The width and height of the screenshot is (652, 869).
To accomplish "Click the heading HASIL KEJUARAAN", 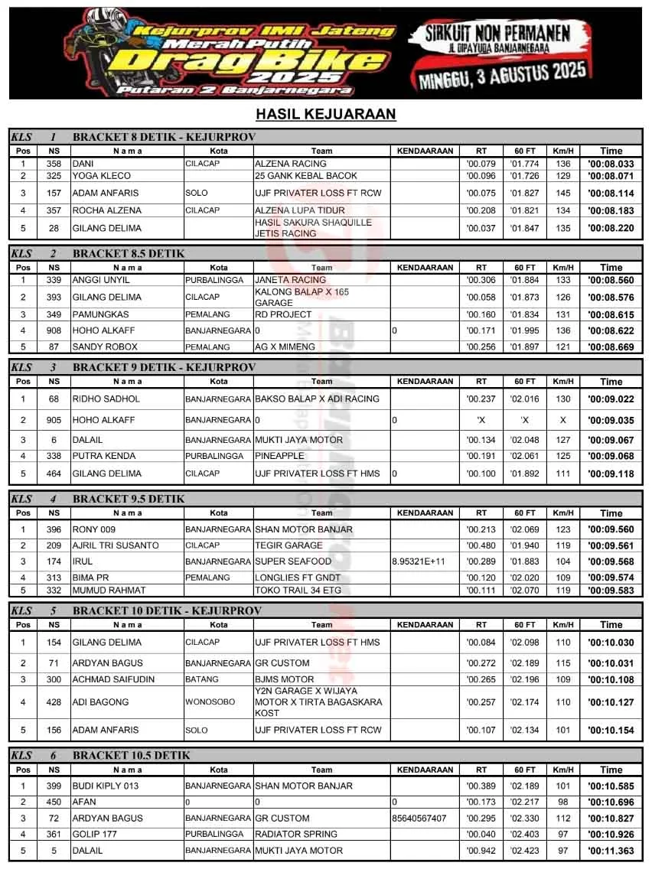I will click(x=325, y=115).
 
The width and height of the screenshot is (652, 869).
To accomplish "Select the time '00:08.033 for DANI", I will click(x=611, y=164).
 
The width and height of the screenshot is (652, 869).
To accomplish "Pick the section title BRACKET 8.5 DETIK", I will click(x=129, y=253).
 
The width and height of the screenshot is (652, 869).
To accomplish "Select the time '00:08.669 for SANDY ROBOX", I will click(x=611, y=347).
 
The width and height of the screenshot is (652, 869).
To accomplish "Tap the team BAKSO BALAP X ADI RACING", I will click(x=317, y=399).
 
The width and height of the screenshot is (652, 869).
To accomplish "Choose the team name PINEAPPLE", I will click(x=279, y=456).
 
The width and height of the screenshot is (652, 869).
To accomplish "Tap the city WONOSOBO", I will click(x=210, y=702).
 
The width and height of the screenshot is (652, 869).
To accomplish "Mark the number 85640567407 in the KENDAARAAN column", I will click(x=419, y=819).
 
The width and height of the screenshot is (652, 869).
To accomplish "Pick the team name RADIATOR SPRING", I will click(x=295, y=835).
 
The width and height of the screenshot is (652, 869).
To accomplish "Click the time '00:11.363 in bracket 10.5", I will click(x=611, y=851).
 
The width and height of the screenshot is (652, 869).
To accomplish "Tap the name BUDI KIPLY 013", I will click(x=106, y=786).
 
